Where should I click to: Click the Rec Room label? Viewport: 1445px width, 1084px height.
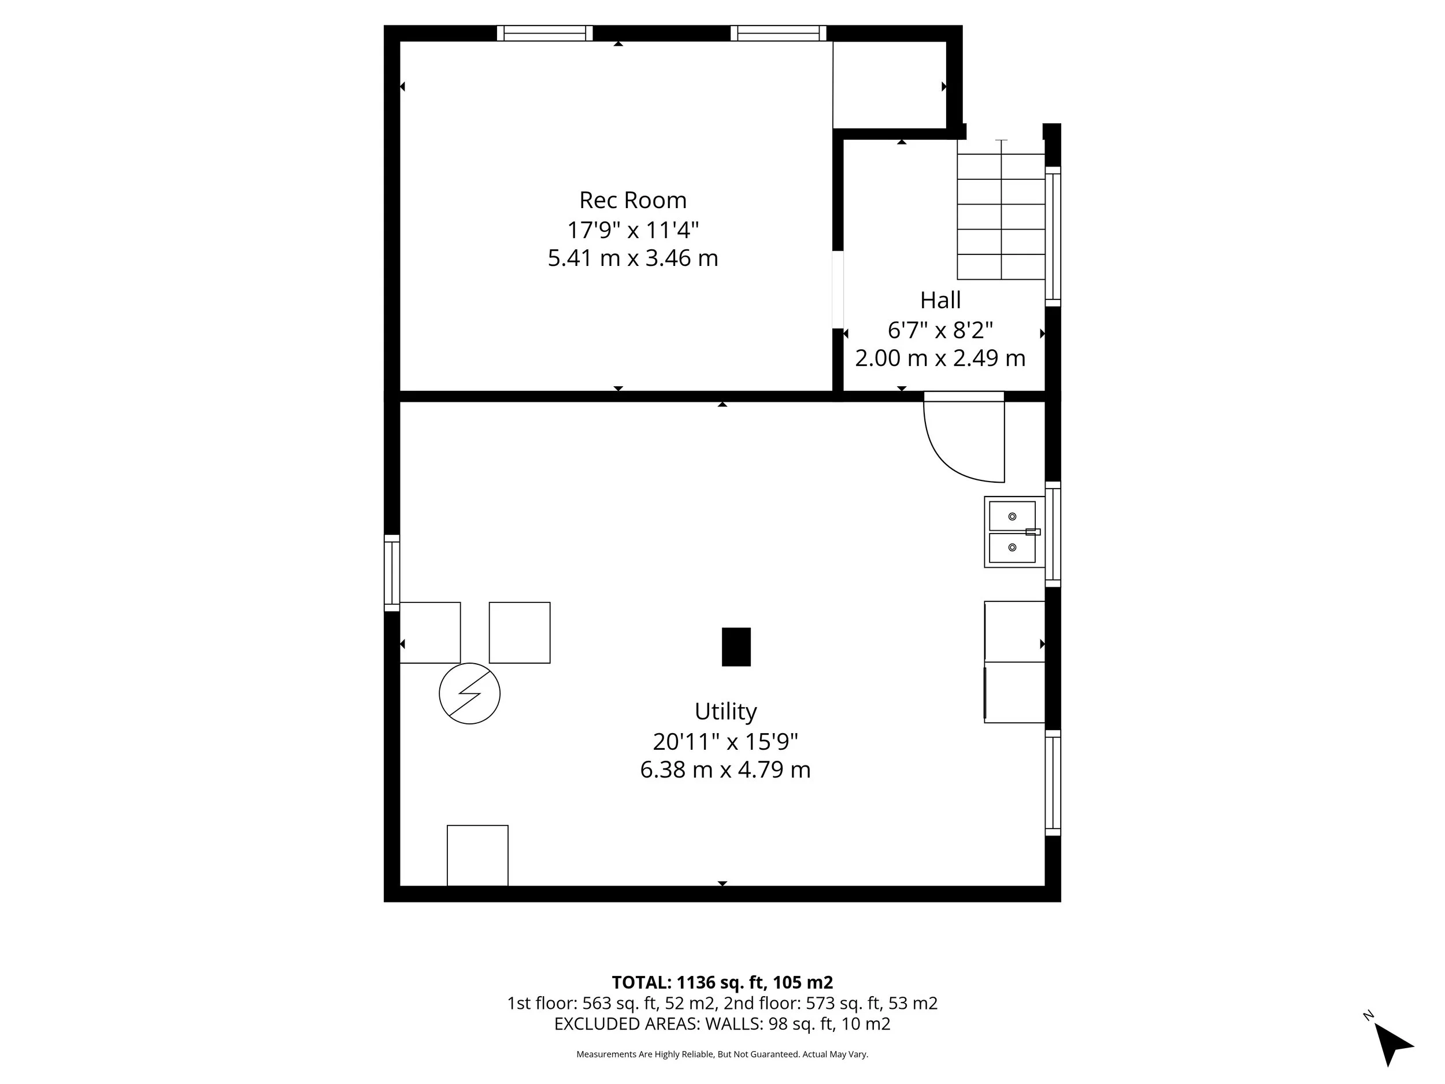click(632, 200)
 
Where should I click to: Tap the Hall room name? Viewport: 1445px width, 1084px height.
click(940, 301)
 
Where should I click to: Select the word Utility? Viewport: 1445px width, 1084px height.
click(725, 712)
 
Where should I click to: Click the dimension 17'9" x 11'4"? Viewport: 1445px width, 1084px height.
click(632, 230)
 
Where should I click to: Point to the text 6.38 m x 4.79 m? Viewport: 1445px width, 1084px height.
click(725, 769)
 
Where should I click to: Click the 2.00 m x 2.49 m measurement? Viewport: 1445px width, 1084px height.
click(940, 358)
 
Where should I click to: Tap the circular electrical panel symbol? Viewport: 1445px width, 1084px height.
click(469, 693)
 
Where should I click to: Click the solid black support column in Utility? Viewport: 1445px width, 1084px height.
click(736, 647)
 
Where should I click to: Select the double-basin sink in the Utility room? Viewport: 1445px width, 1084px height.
click(1013, 532)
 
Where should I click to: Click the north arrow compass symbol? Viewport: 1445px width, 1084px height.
click(1391, 1045)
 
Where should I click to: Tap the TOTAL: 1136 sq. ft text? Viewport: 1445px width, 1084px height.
click(722, 982)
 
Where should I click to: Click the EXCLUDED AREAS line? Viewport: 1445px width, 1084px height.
click(722, 1023)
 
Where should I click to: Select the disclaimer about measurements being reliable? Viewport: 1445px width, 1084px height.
click(722, 1054)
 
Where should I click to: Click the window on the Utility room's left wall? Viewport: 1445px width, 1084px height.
click(391, 573)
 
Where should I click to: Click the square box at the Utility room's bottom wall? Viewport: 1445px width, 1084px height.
click(477, 855)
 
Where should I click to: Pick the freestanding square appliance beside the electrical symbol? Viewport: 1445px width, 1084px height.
click(520, 632)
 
